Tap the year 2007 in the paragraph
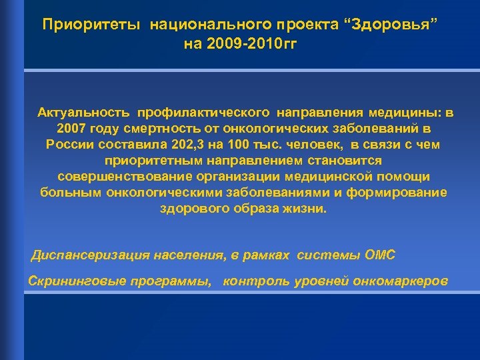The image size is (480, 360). point(70,127)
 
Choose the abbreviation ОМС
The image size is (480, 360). point(381,255)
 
